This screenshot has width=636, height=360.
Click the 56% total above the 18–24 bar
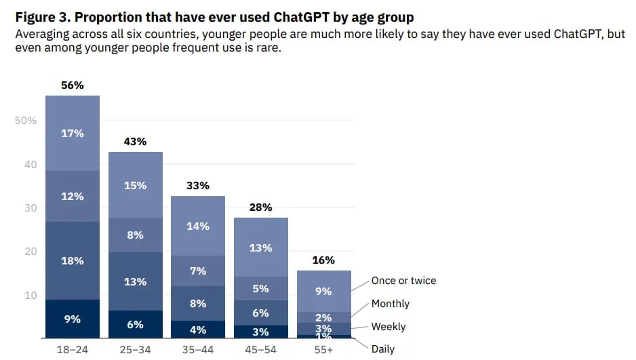pos(73,85)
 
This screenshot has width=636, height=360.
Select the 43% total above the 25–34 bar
pos(135,142)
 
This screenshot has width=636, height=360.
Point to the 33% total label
pos(198,186)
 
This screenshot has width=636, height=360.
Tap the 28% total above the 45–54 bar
pos(261,207)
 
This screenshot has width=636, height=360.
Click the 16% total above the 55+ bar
pos(323,260)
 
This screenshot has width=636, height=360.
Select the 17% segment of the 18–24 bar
pos(73,134)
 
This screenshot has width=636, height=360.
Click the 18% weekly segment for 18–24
pos(73,260)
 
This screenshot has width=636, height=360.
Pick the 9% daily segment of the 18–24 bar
pos(73,319)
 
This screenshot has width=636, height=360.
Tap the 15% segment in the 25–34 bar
pos(135,185)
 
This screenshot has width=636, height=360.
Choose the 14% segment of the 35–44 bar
pos(198,226)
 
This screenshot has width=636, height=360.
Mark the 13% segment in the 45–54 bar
pos(261,248)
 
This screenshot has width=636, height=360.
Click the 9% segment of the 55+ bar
pos(323,292)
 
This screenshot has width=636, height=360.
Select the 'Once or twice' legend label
pos(403,281)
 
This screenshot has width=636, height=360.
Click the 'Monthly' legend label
pos(390,304)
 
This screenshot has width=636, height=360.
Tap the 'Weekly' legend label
pos(388,327)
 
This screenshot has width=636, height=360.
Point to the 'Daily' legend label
pos(382,349)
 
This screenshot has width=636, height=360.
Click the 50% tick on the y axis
pos(25,121)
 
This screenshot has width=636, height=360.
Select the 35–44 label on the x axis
pos(198,350)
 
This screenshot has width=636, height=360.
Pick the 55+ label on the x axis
pos(323,350)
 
